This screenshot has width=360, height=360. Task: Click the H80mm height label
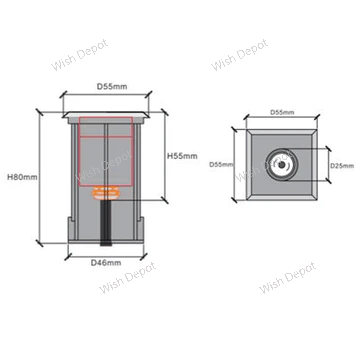coord(22,177)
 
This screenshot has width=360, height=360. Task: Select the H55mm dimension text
coord(182,156)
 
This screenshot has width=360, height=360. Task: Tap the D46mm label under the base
coord(106,263)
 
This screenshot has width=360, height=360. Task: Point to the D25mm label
coord(342,165)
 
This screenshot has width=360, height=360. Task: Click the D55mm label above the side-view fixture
coord(112,87)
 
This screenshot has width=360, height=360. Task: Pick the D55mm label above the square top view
coord(282,112)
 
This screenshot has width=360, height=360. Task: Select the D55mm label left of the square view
coord(221,165)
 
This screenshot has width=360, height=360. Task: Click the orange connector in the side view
coord(106,193)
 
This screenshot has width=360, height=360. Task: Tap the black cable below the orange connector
coord(106,223)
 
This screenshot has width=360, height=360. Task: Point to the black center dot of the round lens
coord(282,165)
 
